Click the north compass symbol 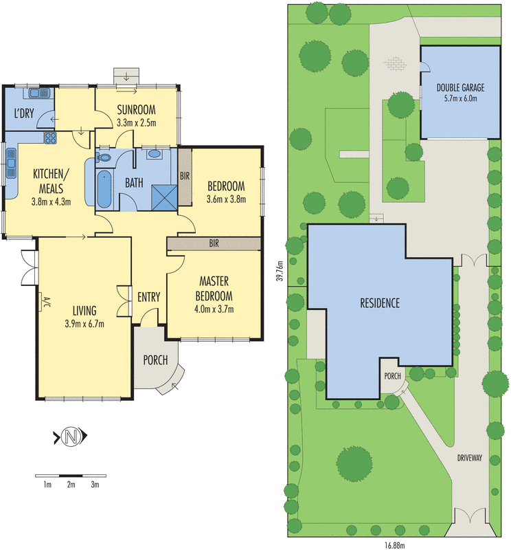tap(70, 435)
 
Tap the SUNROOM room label tap(136, 110)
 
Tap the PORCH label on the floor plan tap(155, 360)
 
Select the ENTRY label tap(148, 298)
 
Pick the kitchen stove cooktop tap(51, 137)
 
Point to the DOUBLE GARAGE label tap(460, 88)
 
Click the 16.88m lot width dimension tap(394, 544)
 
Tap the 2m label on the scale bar tap(70, 485)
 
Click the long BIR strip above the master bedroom tap(214, 243)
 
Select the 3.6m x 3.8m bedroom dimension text tap(226, 200)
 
